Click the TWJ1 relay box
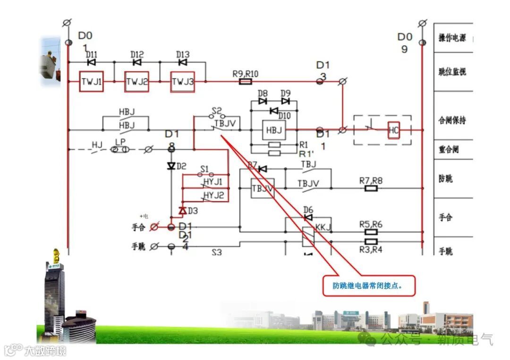(x=91, y=82)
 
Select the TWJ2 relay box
(x=137, y=82)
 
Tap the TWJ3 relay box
(x=183, y=82)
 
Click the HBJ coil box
(x=274, y=129)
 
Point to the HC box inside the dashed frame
(x=394, y=129)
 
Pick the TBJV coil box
(x=262, y=188)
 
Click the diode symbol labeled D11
(x=92, y=62)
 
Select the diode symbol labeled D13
(x=183, y=62)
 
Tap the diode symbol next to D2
(x=171, y=166)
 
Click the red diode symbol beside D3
(x=182, y=210)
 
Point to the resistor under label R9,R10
(x=246, y=82)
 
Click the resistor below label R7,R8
(x=371, y=188)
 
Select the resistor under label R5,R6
(x=371, y=232)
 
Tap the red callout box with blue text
(x=369, y=286)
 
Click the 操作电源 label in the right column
(x=452, y=38)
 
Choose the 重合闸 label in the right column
(x=449, y=150)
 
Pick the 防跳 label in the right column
(x=445, y=179)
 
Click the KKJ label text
(x=323, y=227)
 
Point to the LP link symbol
(x=119, y=150)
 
